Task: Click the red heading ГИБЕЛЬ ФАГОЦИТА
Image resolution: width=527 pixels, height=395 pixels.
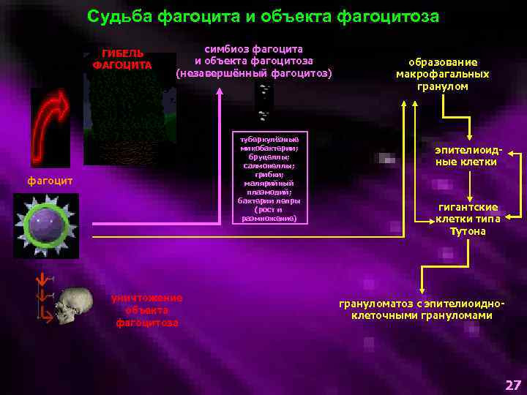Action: [122, 59]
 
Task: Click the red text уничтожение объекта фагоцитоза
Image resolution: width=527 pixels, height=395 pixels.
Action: [146, 309]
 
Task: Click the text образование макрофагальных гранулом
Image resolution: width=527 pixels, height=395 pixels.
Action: [443, 74]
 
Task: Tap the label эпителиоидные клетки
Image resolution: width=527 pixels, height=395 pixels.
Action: [466, 155]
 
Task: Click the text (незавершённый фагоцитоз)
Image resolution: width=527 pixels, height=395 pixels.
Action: [254, 73]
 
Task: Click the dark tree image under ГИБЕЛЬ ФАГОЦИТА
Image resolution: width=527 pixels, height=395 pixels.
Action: [128, 117]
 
